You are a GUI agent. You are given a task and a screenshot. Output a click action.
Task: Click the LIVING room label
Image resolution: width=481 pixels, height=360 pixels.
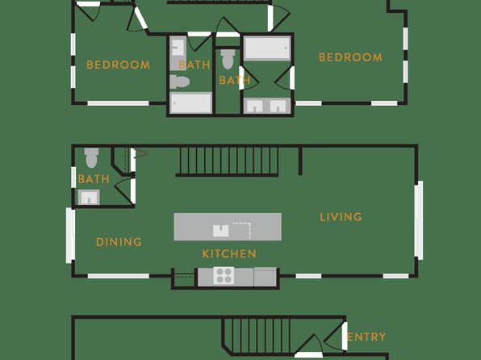coord(341,217)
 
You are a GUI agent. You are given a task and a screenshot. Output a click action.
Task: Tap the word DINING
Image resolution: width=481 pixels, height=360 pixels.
coord(119,242)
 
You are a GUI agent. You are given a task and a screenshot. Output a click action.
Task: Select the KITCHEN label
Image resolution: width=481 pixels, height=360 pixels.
coord(229,253)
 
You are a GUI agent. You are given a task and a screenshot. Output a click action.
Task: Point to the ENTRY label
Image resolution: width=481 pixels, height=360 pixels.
coord(366,337)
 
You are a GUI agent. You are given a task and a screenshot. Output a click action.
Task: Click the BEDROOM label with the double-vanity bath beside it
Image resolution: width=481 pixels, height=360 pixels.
coord(350,57)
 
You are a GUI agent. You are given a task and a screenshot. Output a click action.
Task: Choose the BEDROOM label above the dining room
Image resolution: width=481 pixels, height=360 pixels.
coord(119,65)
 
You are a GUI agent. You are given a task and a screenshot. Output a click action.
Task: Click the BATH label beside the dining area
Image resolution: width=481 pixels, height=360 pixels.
coord(94,179)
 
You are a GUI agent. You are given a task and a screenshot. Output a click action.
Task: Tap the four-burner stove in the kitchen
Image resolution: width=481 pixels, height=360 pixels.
coord(224,275)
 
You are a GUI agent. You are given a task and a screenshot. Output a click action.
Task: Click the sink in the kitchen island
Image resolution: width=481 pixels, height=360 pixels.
coord(221,231)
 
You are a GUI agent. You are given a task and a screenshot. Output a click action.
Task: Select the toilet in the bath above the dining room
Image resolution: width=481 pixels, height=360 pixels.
coord(91,157)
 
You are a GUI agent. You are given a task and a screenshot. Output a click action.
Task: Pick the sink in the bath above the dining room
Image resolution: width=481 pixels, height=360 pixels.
coord(89,197)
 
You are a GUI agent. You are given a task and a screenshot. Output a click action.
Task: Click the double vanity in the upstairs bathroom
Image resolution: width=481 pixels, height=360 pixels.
coord(267,106)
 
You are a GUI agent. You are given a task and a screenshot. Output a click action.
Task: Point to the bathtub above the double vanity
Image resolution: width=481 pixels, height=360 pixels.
coord(267,48)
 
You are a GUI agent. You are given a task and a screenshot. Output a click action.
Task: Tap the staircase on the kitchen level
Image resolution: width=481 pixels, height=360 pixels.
coord(228,161)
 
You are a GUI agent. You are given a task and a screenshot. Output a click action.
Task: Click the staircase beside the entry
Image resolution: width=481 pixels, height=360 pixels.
coord(257,336)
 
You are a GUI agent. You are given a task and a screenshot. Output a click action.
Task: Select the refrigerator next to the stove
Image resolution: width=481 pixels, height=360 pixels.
coord(265,277)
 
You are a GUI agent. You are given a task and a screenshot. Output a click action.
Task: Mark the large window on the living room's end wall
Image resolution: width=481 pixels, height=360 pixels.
coord(419,220)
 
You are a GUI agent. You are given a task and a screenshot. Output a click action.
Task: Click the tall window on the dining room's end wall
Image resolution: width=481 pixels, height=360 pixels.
coord(70,236)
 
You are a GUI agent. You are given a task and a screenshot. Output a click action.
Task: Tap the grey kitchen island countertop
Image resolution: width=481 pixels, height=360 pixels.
coord(228,227)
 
